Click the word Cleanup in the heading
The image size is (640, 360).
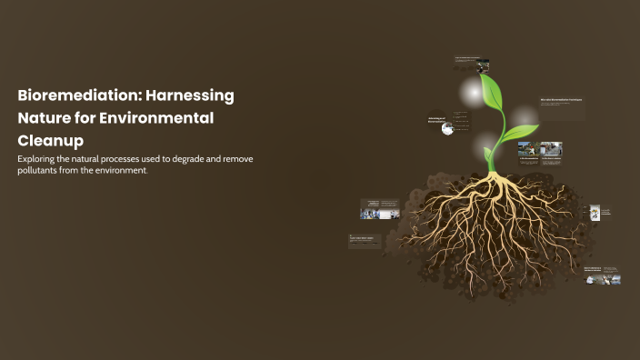(x=50, y=141)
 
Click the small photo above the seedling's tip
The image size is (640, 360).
(x=483, y=65)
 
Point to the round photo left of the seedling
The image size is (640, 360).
(x=447, y=129)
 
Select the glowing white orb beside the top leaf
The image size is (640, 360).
(x=470, y=92)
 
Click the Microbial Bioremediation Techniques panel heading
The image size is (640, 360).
(x=561, y=98)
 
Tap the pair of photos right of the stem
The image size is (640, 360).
(x=540, y=149)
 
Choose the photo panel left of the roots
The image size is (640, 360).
(x=380, y=211)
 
